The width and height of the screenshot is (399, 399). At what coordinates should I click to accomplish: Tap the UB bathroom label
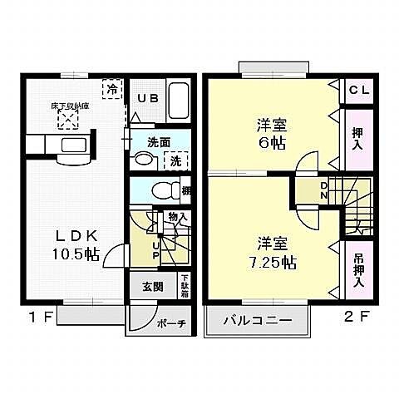147,98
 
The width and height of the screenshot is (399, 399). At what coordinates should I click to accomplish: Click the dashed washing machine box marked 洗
176,161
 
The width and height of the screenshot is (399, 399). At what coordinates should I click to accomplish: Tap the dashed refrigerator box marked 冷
111,88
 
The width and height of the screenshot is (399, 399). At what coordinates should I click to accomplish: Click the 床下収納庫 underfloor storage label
68,107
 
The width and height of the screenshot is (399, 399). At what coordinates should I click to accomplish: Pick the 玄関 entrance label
152,288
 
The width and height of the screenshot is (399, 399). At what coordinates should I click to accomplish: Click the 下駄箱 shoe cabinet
185,287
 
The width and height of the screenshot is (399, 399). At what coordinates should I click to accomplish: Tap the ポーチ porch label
175,323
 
